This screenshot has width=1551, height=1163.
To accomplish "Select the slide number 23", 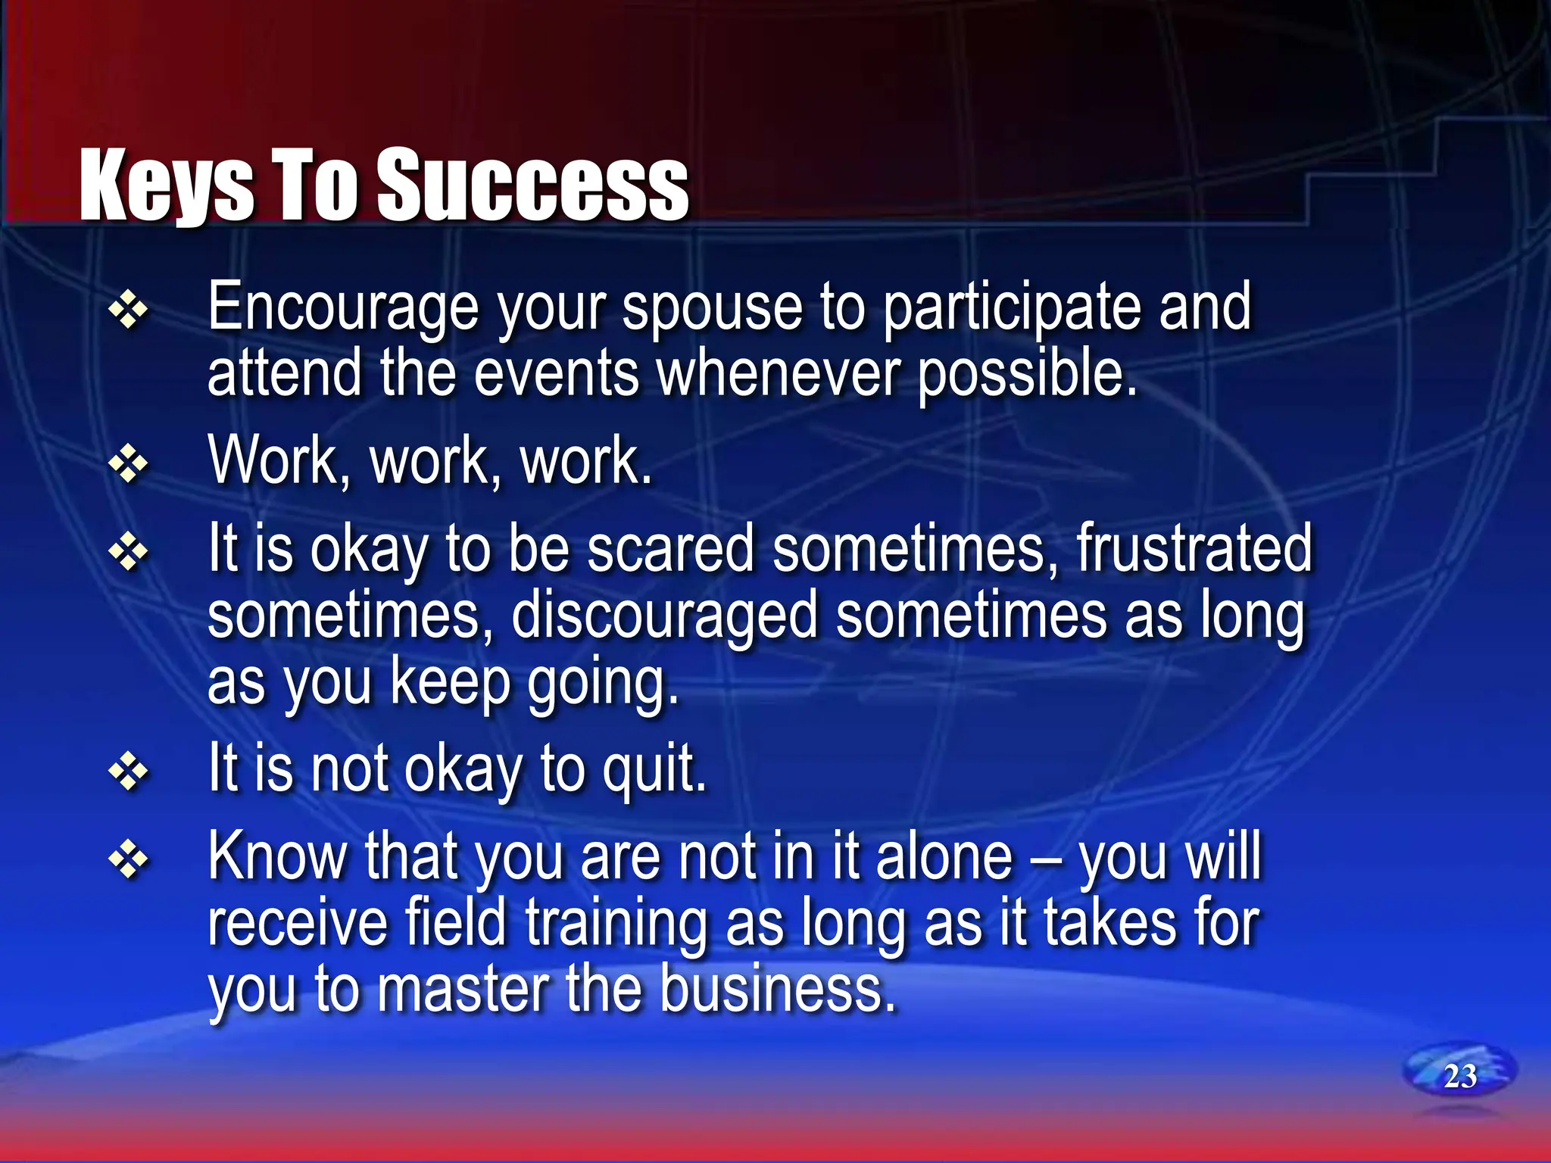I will coord(1459,1076).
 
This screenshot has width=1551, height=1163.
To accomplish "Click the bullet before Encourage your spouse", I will coord(128,310).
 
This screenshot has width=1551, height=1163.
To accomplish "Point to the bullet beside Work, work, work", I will coord(128,463).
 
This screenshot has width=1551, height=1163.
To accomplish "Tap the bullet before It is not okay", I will coord(128,772).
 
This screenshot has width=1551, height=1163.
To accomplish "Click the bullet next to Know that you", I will coord(128,860).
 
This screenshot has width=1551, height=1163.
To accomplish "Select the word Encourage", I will coord(343,309).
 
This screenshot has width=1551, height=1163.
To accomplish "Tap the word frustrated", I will coord(1194,548).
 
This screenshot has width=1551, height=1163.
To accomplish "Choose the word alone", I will coord(944,858).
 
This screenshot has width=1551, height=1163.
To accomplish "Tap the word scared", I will coord(671,548).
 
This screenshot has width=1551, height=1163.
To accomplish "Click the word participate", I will coord(1011,309).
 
